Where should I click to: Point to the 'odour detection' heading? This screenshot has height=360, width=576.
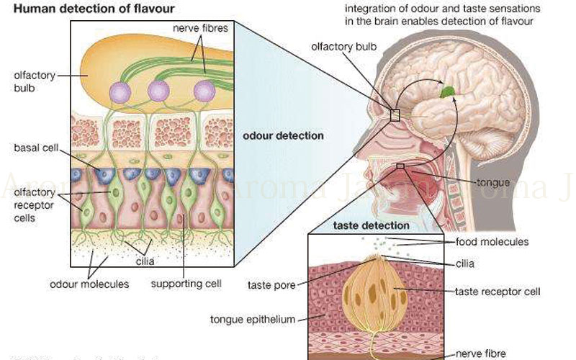pos(283,135)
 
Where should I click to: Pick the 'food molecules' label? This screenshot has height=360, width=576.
pos(492,242)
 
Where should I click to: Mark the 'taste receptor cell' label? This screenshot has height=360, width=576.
pos(498,292)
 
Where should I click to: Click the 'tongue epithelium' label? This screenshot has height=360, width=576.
pos(253,318)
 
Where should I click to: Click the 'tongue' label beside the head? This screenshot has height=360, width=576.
pos(493,181)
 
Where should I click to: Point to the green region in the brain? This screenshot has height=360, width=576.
pos(449,91)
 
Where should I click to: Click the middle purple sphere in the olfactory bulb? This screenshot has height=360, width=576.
pos(158,91)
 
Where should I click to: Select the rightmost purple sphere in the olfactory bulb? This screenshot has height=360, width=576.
pos(204,91)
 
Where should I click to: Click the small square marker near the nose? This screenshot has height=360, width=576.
pos(395,114)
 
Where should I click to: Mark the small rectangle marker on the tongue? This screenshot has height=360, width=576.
pos(400,166)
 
